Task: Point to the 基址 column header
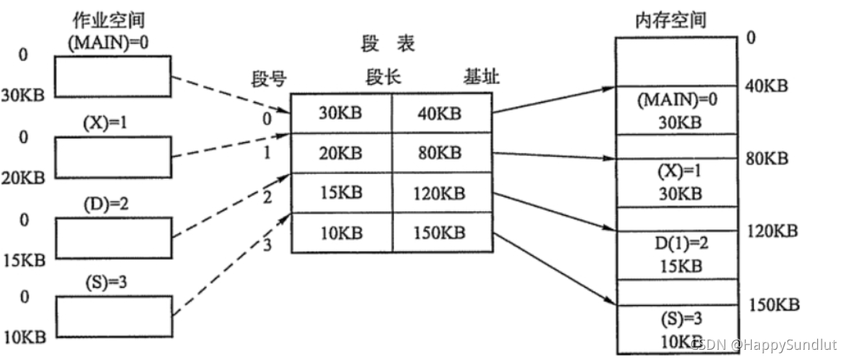click(x=482, y=77)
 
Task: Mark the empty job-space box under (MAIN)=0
click(x=114, y=77)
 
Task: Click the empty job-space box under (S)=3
click(x=114, y=316)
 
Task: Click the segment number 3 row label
click(x=267, y=244)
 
